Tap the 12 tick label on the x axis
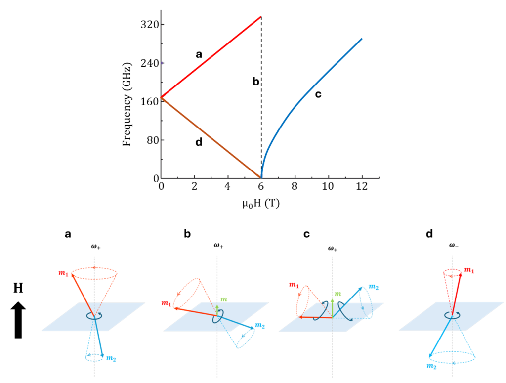[362, 188]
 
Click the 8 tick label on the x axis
[295, 188]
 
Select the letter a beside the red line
[199, 55]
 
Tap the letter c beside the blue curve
[318, 94]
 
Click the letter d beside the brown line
[199, 143]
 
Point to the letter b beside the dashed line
[255, 82]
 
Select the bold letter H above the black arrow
[18, 288]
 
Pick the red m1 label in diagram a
[63, 274]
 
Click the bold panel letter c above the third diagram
[306, 234]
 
